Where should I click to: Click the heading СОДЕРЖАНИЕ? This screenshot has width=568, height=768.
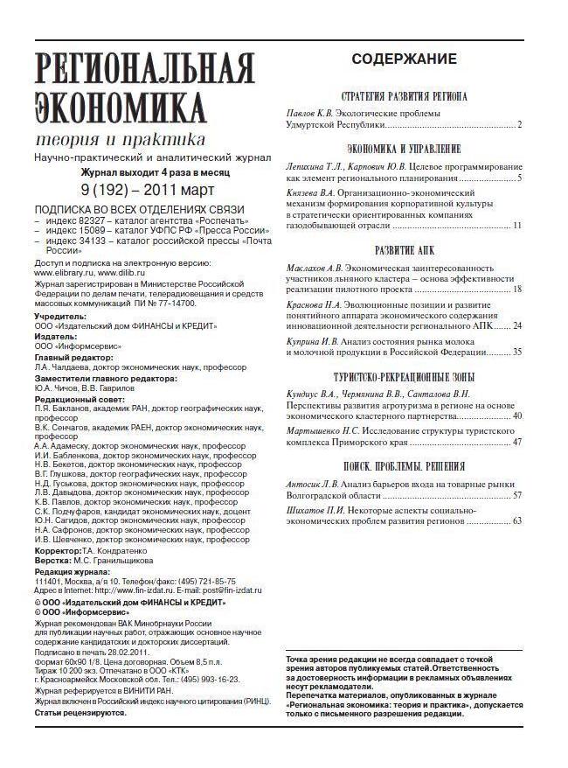[x=403, y=59]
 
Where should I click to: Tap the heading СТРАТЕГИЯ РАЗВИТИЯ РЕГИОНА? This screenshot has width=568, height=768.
[x=403, y=96]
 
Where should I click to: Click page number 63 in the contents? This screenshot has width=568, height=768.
[x=516, y=521]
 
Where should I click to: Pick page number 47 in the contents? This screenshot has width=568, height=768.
[x=516, y=443]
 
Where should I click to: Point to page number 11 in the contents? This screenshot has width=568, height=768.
[x=516, y=226]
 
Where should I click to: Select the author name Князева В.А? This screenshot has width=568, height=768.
[x=312, y=191]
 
